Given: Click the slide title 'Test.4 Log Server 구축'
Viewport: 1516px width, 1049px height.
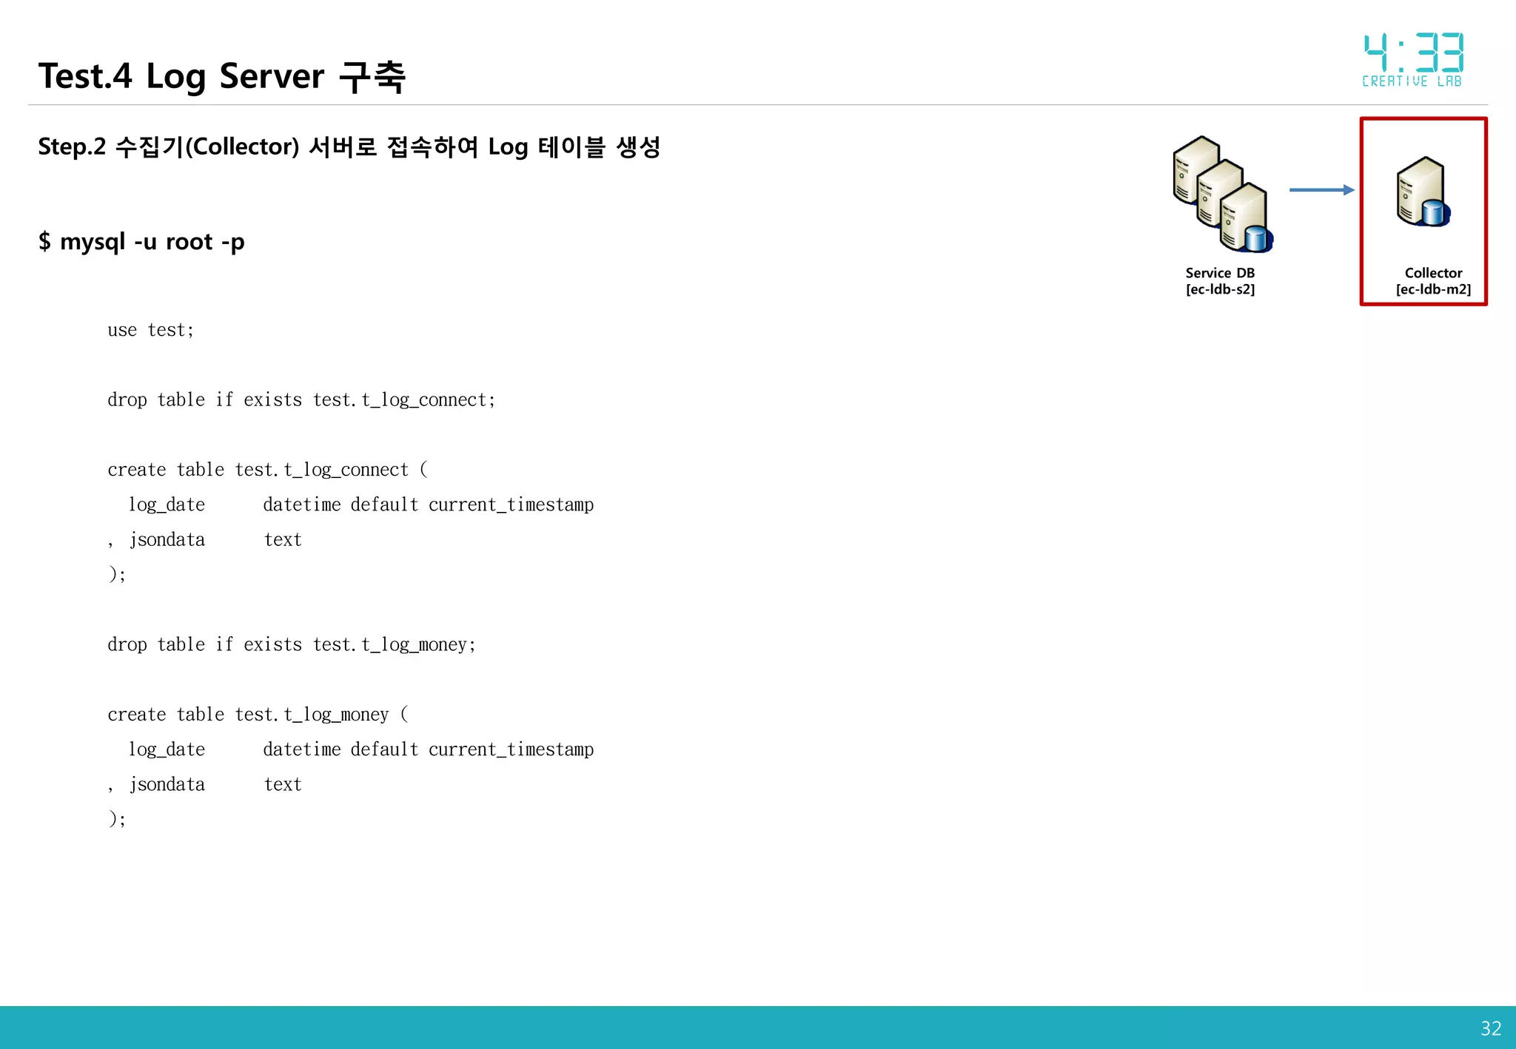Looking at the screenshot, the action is pos(222,76).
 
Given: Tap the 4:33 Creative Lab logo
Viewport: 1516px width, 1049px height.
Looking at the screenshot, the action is pos(1412,59).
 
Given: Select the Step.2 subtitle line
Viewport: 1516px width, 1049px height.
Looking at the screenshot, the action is pos(349,146).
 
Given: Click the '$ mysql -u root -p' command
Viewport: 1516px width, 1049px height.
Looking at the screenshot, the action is pos(141,242).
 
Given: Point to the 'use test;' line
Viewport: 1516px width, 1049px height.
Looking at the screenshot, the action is pos(151,330).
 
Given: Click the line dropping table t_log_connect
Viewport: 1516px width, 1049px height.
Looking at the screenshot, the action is pos(301,400).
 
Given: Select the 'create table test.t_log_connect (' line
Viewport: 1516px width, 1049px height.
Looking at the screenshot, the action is pos(267,470).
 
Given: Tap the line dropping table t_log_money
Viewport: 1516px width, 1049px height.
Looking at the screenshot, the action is pos(292,645).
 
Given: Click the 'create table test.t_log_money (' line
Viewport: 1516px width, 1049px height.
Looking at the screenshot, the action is pos(258,715).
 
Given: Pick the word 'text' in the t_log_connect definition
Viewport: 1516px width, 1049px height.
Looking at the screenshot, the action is pos(283,540).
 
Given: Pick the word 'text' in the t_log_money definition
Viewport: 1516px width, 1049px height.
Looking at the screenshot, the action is pos(283,785).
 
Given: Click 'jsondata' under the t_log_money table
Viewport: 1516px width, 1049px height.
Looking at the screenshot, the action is pos(167,785).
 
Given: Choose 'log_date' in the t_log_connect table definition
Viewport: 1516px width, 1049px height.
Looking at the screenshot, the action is pos(167,505).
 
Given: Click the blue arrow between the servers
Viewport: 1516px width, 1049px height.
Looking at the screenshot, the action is pos(1321,190).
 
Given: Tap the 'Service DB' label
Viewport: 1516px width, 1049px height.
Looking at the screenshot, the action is pos(1220,273).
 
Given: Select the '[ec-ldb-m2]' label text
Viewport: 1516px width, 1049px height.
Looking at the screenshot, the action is pos(1433,289).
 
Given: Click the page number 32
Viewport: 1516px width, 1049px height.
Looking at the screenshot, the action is pos(1490,1028).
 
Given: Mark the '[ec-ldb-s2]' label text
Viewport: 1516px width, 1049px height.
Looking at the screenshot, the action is pos(1220,289).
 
